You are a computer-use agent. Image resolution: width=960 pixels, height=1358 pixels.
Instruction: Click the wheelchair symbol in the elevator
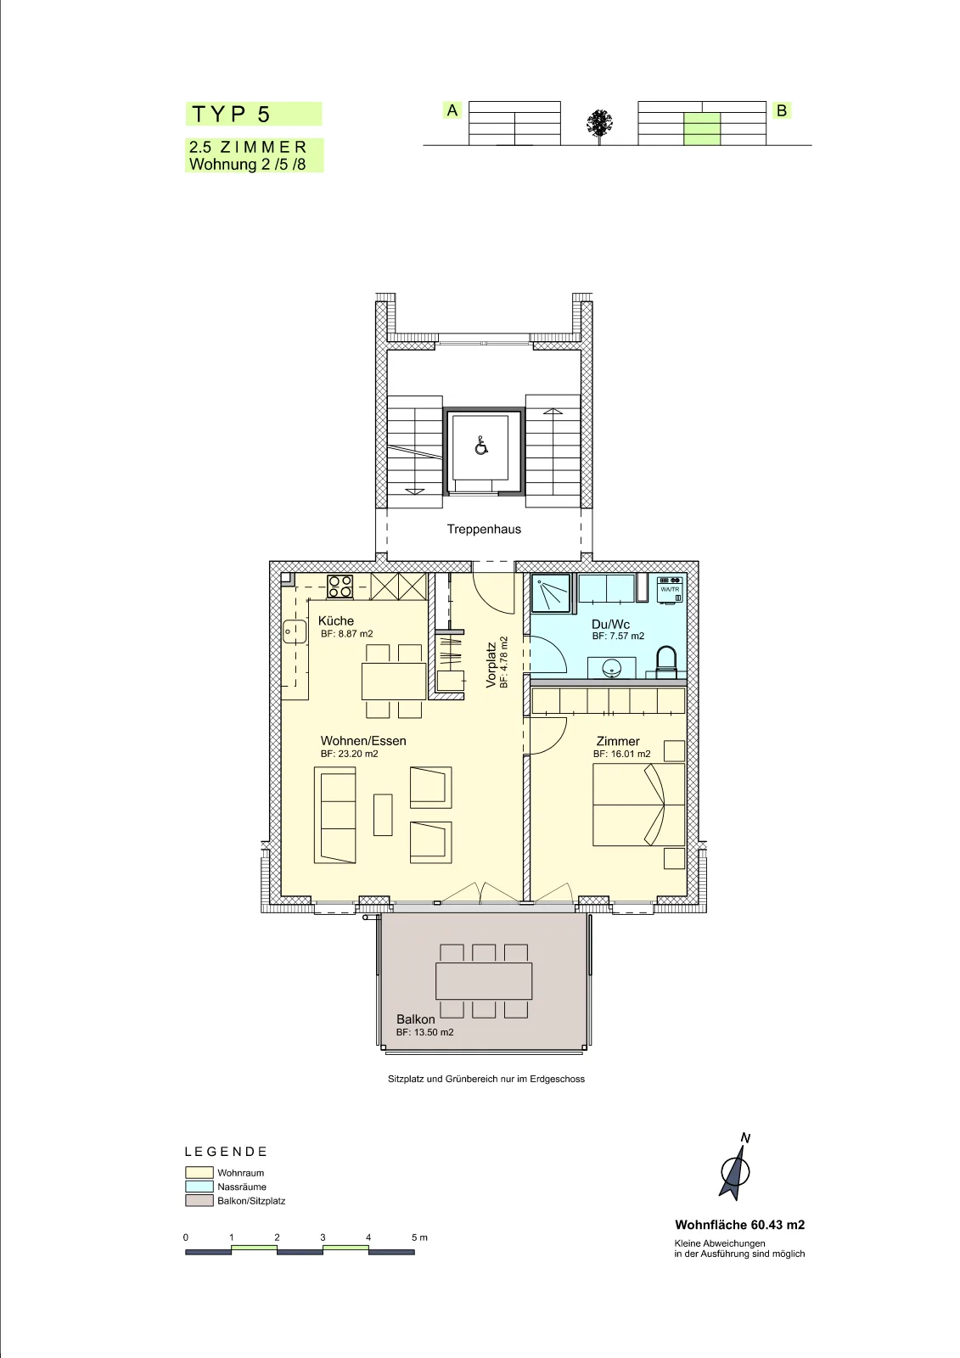point(481,446)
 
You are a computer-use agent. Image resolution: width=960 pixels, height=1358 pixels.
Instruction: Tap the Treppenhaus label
point(484,530)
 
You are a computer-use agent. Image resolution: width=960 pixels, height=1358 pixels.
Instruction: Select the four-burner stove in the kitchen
point(340,586)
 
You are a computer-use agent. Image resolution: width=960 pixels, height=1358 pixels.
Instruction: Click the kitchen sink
point(295,631)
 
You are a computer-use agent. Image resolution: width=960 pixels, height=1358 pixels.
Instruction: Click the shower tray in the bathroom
point(551,592)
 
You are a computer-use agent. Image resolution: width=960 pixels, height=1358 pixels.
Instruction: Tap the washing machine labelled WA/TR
point(670,589)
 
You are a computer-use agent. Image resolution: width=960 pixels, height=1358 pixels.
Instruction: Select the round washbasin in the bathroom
point(610,670)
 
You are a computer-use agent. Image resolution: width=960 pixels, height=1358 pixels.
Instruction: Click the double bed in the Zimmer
point(638,805)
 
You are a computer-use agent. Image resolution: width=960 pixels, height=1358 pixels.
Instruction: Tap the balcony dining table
point(484,981)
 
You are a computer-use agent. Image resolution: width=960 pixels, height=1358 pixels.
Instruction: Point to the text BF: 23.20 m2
point(350,755)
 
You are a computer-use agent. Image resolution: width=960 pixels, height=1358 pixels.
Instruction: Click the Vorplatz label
point(491,665)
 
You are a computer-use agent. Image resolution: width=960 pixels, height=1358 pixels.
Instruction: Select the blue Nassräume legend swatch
point(199,1187)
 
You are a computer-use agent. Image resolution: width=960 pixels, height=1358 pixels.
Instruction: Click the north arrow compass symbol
point(735,1170)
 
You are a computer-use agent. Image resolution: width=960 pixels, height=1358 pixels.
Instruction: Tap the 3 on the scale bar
point(323,1237)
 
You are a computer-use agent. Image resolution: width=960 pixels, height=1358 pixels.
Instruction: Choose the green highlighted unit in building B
point(702,129)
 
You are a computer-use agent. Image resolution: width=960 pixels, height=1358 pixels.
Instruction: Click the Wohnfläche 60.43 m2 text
point(740,1226)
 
